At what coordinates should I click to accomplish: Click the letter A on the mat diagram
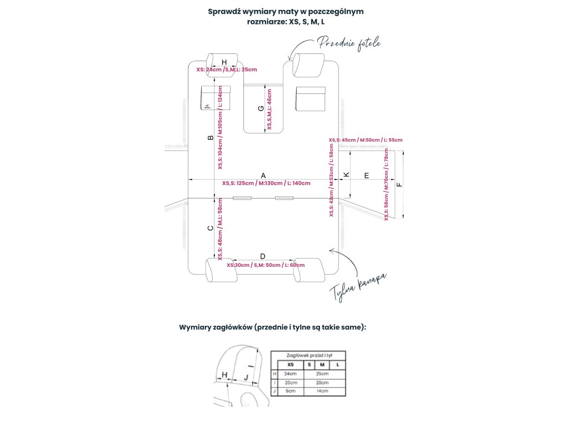[263, 175]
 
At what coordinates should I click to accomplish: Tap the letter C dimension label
[210, 228]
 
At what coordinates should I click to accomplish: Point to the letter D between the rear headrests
[262, 256]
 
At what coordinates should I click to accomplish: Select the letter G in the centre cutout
[261, 109]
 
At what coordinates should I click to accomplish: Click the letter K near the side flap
[347, 175]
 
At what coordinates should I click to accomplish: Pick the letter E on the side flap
[366, 175]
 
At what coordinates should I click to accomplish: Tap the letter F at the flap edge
[398, 185]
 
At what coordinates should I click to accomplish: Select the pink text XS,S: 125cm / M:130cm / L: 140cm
[266, 183]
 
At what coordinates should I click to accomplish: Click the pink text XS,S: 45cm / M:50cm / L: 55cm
[366, 140]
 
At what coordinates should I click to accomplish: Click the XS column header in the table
[291, 364]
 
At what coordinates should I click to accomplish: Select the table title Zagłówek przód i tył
[309, 355]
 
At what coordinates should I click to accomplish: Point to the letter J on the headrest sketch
[246, 378]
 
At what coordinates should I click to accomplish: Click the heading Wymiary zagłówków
[272, 327]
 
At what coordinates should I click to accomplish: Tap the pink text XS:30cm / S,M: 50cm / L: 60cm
[266, 265]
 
